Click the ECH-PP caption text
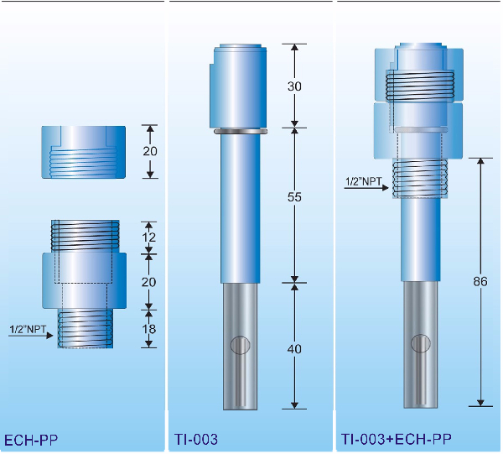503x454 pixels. (31, 439)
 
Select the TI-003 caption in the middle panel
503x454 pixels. (197, 439)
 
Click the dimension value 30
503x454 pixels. (293, 86)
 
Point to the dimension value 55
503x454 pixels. (293, 196)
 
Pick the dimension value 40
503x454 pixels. (293, 348)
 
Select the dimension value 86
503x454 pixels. (480, 282)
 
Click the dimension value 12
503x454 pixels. (149, 237)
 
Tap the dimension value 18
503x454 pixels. (149, 329)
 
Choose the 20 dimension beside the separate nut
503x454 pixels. (149, 151)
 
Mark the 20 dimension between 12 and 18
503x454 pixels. (149, 282)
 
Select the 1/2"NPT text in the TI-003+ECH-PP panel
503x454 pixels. (362, 180)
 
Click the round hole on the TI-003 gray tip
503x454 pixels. (240, 345)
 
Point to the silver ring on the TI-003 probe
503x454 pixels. (240, 131)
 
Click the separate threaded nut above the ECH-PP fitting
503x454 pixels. (84, 152)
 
